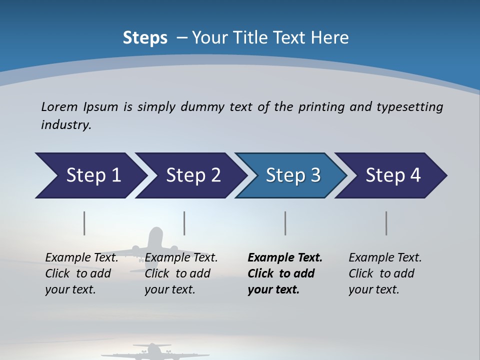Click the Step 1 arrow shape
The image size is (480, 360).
coord(90,175)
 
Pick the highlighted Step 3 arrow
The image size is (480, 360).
coord(291,175)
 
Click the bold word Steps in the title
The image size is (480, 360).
coord(145,38)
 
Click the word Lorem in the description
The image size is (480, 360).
coord(59,106)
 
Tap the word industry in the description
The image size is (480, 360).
coord(65,125)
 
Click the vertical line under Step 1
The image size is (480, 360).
coord(84,223)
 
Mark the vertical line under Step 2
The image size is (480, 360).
coord(184,223)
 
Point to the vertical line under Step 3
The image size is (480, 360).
coord(285,223)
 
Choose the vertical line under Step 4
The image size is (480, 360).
coord(386,223)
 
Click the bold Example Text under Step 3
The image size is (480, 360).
coord(285,258)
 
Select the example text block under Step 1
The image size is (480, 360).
coord(81,273)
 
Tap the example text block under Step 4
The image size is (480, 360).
coord(385,273)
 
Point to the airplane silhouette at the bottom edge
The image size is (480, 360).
coord(150,352)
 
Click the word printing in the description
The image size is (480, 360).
coord(321,107)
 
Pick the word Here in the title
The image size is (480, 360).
coord(330,38)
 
